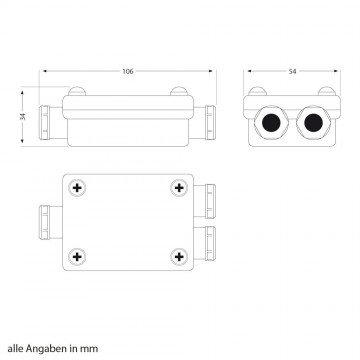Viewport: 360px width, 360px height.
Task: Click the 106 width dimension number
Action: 128,71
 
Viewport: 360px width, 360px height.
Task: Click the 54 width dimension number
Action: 293,71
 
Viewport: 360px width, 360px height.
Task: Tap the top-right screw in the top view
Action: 178,188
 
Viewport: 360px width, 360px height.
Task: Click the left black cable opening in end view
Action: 270,124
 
